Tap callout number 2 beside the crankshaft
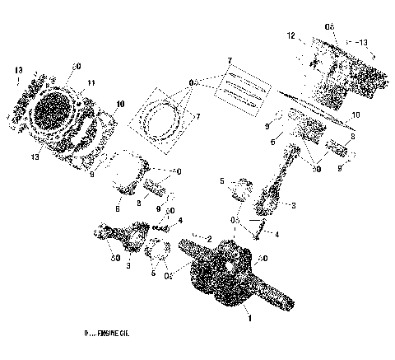[210, 238]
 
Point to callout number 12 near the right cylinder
[290, 36]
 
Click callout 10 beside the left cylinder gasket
[120, 104]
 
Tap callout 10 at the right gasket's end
[355, 115]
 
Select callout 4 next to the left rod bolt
[180, 220]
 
